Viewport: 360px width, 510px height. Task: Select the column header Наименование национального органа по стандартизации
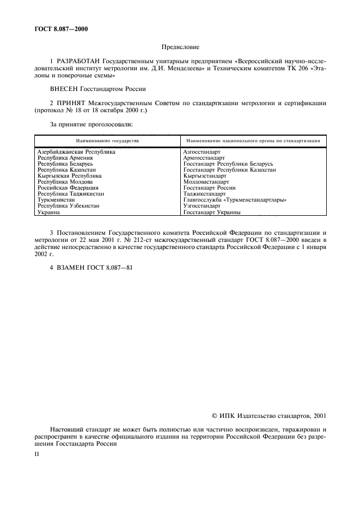coord(253,141)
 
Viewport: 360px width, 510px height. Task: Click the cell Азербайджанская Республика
coord(76,152)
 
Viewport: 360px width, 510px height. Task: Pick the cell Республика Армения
coord(65,158)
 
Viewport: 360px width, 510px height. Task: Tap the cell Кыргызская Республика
coord(69,176)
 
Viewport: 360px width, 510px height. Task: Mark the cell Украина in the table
coord(49,212)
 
